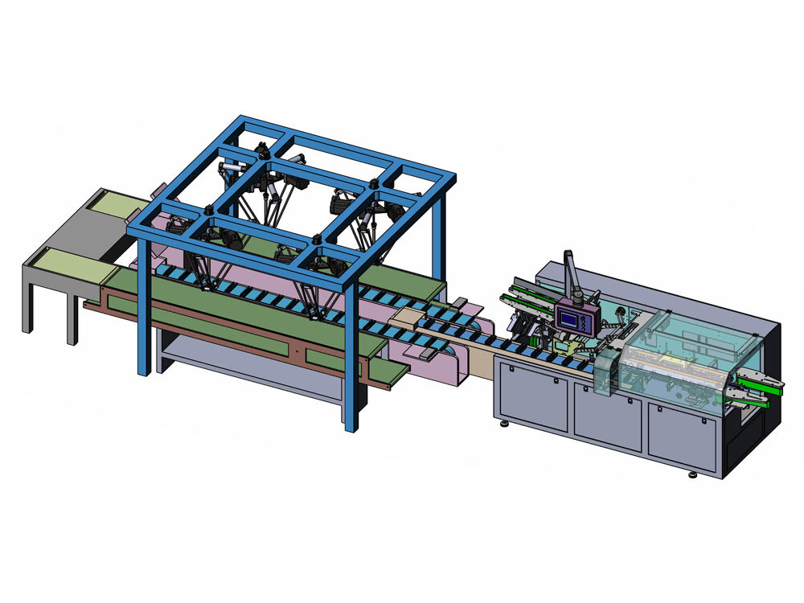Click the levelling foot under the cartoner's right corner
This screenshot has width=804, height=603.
(694, 474)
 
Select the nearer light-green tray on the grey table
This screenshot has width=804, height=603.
(69, 265)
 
